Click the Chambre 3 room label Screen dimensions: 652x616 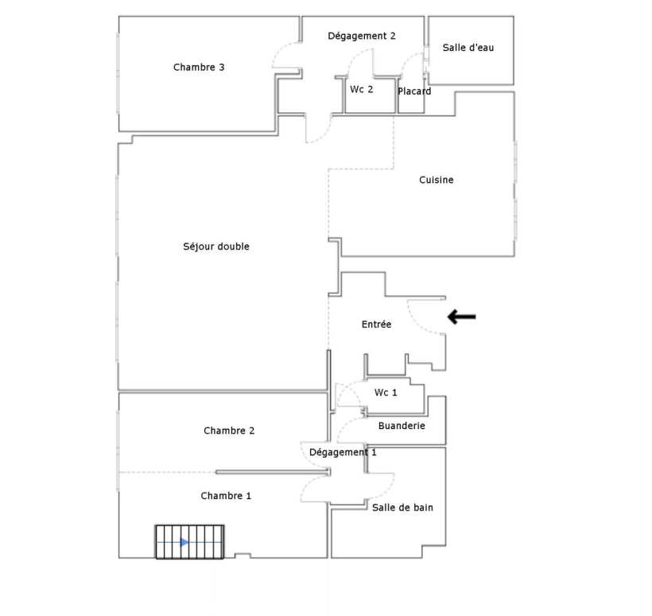pyautogui.click(x=199, y=67)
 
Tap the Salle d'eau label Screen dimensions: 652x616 pyautogui.click(x=468, y=48)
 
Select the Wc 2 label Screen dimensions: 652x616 pyautogui.click(x=361, y=89)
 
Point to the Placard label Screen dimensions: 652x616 pyautogui.click(x=414, y=92)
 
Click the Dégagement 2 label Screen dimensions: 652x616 pyautogui.click(x=362, y=36)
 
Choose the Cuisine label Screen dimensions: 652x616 pyautogui.click(x=437, y=180)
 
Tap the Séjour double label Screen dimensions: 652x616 pyautogui.click(x=216, y=247)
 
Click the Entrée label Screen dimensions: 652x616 pyautogui.click(x=376, y=324)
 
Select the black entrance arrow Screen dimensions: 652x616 pyautogui.click(x=461, y=317)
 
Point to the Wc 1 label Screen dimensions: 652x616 pyautogui.click(x=386, y=392)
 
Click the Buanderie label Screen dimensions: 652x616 pyautogui.click(x=402, y=426)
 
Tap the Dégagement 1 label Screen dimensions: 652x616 pyautogui.click(x=343, y=452)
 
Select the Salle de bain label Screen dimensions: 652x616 pyautogui.click(x=402, y=508)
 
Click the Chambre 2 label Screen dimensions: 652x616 pyautogui.click(x=229, y=431)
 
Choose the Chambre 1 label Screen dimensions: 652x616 pyautogui.click(x=226, y=496)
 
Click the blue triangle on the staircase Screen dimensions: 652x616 pyautogui.click(x=184, y=542)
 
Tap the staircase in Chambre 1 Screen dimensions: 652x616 pyautogui.click(x=189, y=542)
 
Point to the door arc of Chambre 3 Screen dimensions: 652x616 pyautogui.click(x=279, y=52)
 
